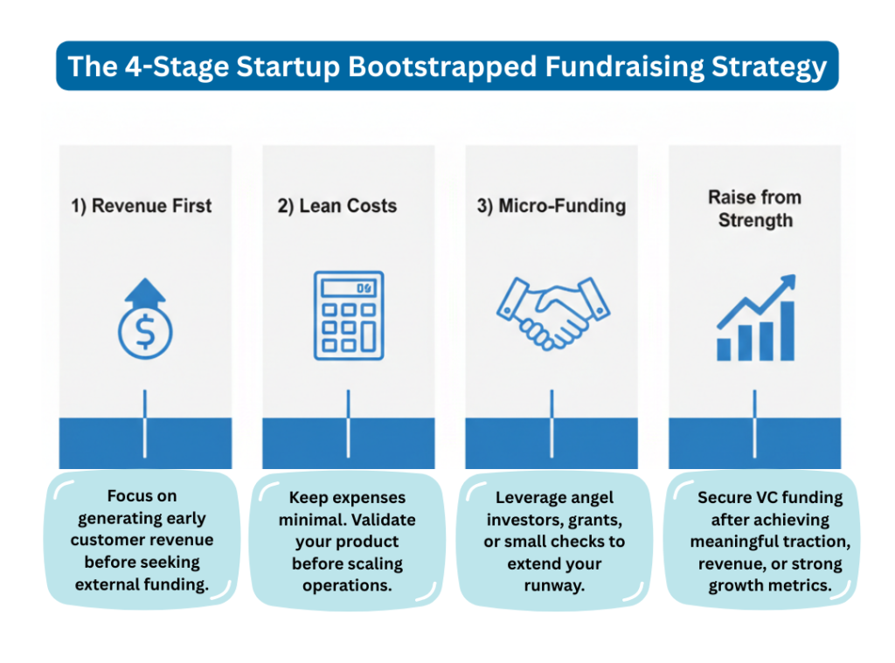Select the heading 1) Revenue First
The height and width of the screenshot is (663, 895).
click(142, 207)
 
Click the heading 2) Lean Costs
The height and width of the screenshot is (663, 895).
click(337, 207)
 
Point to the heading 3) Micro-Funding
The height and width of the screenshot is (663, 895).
click(552, 207)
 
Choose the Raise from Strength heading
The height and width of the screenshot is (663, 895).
click(754, 209)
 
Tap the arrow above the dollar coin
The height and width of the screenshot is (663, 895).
click(145, 293)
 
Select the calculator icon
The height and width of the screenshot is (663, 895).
click(348, 315)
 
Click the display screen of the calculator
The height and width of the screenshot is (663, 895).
click(348, 287)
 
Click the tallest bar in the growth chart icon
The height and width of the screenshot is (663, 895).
click(787, 331)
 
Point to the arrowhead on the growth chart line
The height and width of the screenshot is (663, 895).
click(789, 281)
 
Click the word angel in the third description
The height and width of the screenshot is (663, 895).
click(591, 498)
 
